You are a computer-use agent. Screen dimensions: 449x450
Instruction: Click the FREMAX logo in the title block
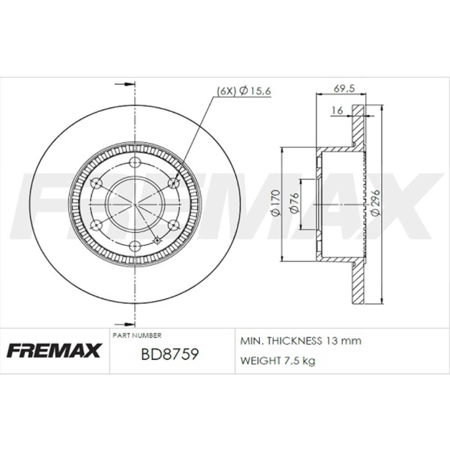click(55, 351)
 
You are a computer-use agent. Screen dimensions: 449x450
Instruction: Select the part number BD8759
click(169, 355)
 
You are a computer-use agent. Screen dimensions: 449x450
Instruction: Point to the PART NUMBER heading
click(137, 335)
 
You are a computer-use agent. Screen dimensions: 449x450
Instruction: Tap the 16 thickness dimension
click(337, 110)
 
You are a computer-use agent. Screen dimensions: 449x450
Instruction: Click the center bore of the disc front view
click(135, 204)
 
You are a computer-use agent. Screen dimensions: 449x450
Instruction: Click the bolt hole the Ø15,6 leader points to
click(172, 182)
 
